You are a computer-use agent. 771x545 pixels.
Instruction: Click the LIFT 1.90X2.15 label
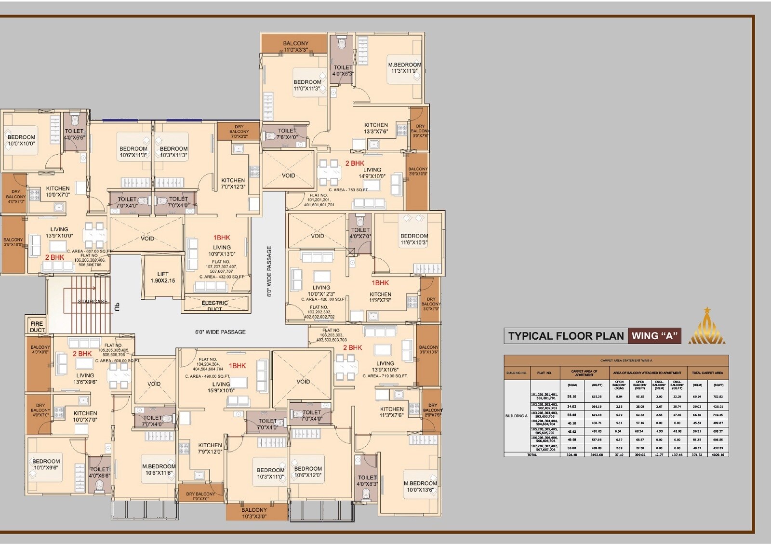tap(163, 277)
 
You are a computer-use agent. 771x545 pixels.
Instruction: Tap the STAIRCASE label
tap(93, 302)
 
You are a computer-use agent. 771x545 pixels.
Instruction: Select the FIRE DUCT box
tap(37, 326)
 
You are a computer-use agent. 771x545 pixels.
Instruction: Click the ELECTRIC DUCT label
tap(215, 306)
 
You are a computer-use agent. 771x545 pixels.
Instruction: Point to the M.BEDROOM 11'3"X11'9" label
tap(405, 67)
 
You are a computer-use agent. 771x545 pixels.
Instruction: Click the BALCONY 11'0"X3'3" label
tap(295, 46)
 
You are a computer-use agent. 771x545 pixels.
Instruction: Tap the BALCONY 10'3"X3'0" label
tap(254, 513)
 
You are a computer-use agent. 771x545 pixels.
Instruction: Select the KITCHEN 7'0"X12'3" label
tap(233, 184)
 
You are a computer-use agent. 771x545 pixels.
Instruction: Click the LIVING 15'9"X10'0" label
tap(221, 387)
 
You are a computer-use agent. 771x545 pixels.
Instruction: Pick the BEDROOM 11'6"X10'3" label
tap(414, 239)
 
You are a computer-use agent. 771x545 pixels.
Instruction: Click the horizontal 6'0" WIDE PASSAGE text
tap(220, 332)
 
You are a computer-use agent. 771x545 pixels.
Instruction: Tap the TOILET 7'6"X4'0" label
tap(287, 133)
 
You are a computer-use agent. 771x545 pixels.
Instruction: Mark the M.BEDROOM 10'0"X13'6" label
tap(420, 486)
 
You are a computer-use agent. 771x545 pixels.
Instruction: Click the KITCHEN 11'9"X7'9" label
tap(380, 297)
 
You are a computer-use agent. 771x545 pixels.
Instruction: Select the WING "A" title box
tap(654, 336)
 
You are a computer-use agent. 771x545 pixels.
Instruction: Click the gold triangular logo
tap(706, 327)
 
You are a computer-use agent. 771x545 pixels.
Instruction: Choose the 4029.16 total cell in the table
tap(718, 454)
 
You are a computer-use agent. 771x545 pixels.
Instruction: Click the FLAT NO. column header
tap(544, 372)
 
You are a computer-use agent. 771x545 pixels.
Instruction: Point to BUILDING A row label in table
tap(517, 416)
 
